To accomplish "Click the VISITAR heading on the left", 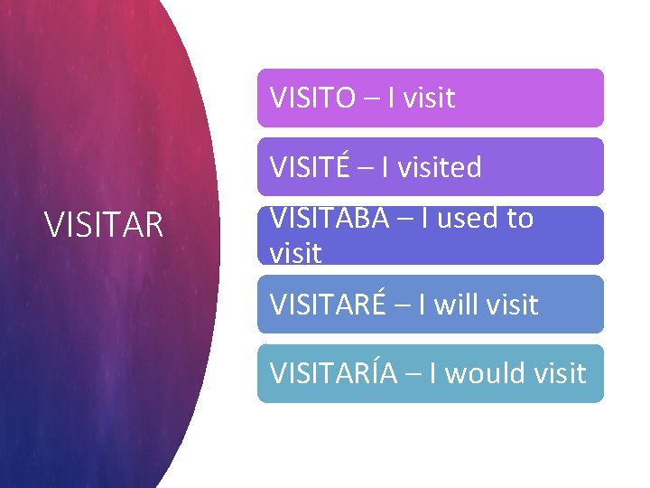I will pyautogui.click(x=104, y=225).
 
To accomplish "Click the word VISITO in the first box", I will pyautogui.click(x=312, y=98).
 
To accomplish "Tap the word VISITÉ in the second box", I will pyautogui.click(x=309, y=166).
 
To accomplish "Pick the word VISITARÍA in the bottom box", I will pyautogui.click(x=333, y=372).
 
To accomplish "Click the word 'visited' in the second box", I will pyautogui.click(x=439, y=167).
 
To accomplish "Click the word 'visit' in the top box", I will pyautogui.click(x=428, y=98).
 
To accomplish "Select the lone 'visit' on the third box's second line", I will pyautogui.click(x=295, y=254).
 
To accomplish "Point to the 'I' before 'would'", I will pyautogui.click(x=433, y=373).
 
